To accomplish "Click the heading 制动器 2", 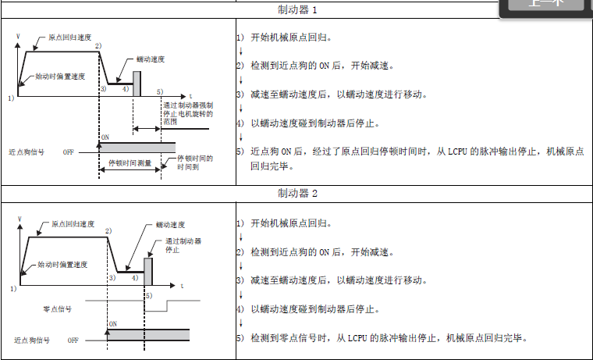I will (x=297, y=193).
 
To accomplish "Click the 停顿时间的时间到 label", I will (x=195, y=162).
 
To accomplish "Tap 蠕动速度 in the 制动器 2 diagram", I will (x=172, y=225).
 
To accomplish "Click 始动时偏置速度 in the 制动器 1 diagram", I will (x=60, y=77).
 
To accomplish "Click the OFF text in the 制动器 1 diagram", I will (x=69, y=152).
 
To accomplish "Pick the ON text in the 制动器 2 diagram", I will (x=112, y=323).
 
